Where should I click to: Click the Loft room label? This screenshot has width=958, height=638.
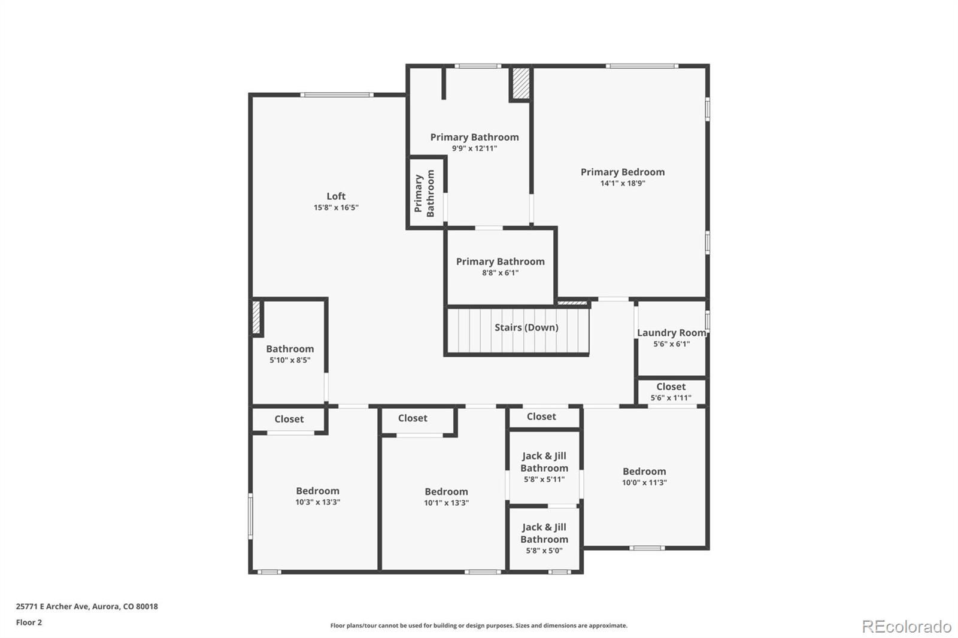(336, 196)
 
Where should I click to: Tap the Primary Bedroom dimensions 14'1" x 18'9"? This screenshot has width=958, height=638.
(623, 184)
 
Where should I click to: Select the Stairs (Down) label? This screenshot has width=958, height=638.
(526, 327)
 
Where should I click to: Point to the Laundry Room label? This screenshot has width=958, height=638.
(671, 333)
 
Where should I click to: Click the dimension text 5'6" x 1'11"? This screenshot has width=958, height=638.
(671, 398)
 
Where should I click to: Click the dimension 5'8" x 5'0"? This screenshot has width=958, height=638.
(544, 551)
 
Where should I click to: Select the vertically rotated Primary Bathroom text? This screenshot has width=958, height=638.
(425, 193)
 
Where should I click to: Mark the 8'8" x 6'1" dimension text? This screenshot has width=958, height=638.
(501, 273)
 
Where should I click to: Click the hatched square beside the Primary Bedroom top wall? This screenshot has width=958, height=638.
(521, 83)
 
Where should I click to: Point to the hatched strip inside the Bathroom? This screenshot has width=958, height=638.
(256, 317)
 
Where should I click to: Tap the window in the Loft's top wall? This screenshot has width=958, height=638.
(336, 95)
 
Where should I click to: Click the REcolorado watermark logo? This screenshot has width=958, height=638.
(907, 627)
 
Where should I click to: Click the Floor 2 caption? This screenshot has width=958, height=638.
(29, 622)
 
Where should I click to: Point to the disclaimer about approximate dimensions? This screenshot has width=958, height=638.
(478, 625)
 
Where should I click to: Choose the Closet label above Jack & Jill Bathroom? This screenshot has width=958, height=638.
(541, 417)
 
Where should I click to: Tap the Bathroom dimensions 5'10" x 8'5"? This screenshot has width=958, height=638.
(290, 360)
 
